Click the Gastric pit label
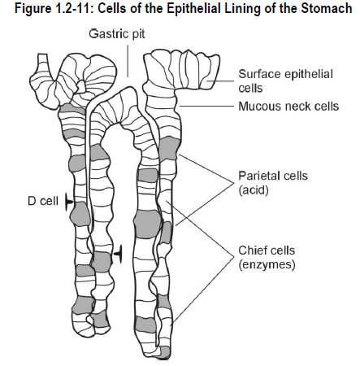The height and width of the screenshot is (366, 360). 117,34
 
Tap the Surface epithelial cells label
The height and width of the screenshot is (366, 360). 285,81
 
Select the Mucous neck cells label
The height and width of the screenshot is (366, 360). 288,107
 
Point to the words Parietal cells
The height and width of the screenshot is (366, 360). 273,176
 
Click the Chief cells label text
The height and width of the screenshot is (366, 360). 267,251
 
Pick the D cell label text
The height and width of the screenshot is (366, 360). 43,201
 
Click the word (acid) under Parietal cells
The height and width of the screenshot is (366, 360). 254,190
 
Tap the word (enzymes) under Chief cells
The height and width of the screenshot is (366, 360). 267,264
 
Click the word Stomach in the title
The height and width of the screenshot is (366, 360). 327,8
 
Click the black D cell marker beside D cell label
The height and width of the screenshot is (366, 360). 69,202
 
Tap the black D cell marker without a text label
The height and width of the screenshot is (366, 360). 119,254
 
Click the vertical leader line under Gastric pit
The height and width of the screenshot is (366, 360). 128,61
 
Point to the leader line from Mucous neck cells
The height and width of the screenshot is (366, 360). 206,107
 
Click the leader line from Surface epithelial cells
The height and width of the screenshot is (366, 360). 220,81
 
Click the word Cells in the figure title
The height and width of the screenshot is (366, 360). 110,8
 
